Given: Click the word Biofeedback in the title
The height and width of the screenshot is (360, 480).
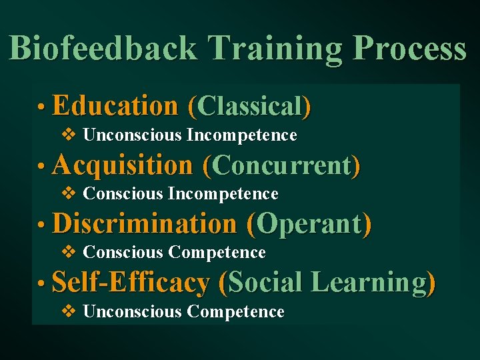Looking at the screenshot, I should [103, 49].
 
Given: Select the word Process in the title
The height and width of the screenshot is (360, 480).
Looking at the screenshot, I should [409, 49].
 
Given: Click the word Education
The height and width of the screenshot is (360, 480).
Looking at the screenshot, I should [115, 106].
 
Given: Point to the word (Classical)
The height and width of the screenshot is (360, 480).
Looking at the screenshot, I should [249, 107].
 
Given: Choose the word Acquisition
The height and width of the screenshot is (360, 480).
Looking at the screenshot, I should [122, 165].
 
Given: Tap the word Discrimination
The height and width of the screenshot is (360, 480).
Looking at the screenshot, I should [144, 224].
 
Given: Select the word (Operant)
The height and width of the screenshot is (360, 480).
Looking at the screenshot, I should [309, 224].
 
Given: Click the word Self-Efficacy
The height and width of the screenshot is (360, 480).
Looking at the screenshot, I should [130, 283].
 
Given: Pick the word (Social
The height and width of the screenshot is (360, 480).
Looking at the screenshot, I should [261, 283].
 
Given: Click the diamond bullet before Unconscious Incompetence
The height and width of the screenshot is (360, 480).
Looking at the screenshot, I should [69, 135].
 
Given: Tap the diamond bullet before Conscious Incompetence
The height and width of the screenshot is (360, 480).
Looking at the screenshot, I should [69, 194].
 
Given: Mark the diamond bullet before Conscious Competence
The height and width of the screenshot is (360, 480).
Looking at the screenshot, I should [69, 253].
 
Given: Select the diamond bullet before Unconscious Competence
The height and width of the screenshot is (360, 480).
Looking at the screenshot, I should [69, 311].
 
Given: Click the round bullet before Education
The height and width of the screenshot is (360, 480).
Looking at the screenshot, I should [41, 107].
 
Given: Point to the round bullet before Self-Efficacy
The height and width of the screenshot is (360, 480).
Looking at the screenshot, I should [41, 284].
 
